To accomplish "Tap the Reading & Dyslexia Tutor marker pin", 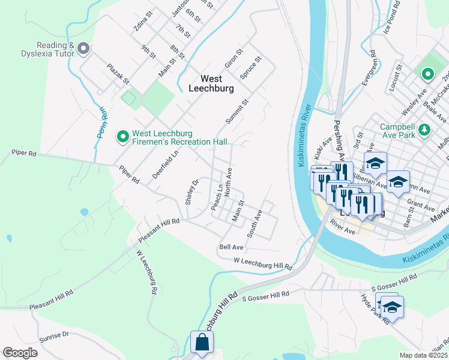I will point(83,48).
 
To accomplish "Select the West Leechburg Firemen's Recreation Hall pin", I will point(122,137).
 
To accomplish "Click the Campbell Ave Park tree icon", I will point(424,128).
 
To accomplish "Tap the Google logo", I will point(20,353).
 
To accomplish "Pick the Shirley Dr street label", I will point(191,192).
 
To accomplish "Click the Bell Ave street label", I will point(231,247).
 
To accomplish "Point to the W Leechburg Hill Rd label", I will point(263,263).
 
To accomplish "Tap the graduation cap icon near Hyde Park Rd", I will point(392,307).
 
